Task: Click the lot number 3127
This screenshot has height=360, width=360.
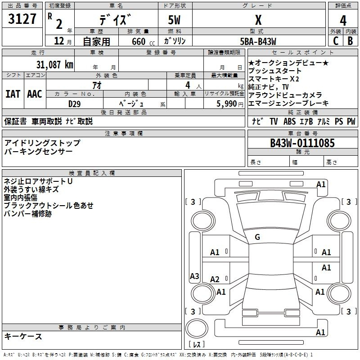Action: [22, 19]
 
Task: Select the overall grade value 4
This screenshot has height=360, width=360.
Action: [343, 21]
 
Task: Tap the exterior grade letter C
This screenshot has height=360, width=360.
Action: [336, 41]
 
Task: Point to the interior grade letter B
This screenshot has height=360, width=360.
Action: [350, 41]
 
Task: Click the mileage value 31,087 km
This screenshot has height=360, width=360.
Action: [54, 64]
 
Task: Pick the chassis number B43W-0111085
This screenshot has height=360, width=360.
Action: [302, 143]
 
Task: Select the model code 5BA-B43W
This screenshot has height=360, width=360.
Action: [258, 41]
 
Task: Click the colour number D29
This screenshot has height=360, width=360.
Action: [74, 104]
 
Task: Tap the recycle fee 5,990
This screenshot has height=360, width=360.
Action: [227, 104]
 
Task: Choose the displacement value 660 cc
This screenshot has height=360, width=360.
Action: [143, 41]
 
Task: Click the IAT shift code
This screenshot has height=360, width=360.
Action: [13, 94]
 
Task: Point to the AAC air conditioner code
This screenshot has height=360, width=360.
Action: [35, 94]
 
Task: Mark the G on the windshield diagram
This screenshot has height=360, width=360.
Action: [257, 237]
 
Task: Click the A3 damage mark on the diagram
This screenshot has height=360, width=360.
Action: [194, 276]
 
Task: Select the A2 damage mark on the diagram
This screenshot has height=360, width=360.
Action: [215, 279]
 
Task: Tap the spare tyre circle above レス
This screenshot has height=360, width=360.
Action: [197, 328]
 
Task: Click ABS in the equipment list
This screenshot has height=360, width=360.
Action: [289, 121]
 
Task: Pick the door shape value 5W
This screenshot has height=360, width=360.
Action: [174, 20]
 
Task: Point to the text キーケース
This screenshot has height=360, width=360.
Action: [23, 336]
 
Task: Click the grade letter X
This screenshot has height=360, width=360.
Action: [258, 20]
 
